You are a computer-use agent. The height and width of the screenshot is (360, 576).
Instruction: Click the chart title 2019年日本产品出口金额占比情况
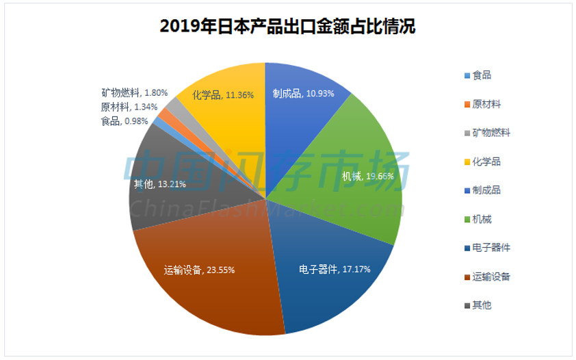[287, 27]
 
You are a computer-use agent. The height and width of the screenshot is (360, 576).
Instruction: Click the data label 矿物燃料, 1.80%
[135, 92]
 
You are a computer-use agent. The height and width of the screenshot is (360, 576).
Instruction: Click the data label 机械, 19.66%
[368, 177]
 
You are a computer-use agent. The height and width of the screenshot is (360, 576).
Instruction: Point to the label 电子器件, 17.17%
[335, 269]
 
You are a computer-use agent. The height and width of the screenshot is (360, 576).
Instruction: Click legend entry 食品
[482, 75]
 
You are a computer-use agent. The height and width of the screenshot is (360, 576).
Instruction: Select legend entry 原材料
[486, 104]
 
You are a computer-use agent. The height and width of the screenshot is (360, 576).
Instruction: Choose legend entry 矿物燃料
[490, 133]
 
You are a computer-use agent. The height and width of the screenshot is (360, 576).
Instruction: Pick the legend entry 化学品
[486, 162]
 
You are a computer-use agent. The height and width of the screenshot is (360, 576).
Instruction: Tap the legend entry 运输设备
[490, 277]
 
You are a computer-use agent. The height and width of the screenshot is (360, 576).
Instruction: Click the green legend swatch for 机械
[467, 220]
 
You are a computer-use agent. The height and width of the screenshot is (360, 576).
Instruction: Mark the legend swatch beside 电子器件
[467, 248]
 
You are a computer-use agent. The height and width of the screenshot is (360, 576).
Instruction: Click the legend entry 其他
[482, 305]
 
